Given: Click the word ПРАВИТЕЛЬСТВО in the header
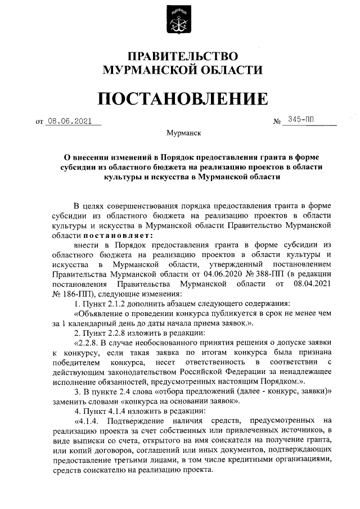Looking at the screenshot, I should point(179,56).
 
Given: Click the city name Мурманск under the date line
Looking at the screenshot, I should point(179,133).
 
